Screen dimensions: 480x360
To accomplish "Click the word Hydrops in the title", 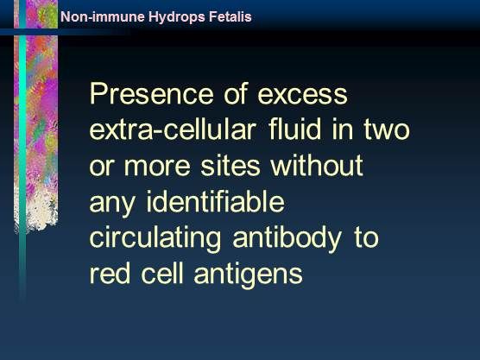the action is coord(177,17).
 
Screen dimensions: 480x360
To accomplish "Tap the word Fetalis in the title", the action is coord(231,16).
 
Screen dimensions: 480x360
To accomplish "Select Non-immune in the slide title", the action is coord(103,16).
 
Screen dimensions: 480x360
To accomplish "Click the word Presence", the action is coord(151,94).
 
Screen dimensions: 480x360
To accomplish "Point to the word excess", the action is coord(302,95).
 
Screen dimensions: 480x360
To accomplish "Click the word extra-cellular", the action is coord(173,129).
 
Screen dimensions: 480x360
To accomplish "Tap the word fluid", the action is coord(294,129).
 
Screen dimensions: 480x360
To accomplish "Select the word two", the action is coord(387,130).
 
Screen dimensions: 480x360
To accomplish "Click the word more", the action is coord(157,167).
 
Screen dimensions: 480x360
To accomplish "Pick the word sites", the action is coord(231,166).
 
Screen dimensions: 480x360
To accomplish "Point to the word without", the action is coord(317,165).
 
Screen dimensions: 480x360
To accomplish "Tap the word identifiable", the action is coord(216,201).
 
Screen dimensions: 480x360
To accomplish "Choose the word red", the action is coord(110,273).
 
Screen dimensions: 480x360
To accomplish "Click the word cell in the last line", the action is coord(162,273).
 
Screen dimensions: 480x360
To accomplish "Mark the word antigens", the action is coord(249,275).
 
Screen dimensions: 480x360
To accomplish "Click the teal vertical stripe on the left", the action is coord(22,153).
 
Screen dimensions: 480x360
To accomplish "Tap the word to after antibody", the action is coord(367,238).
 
